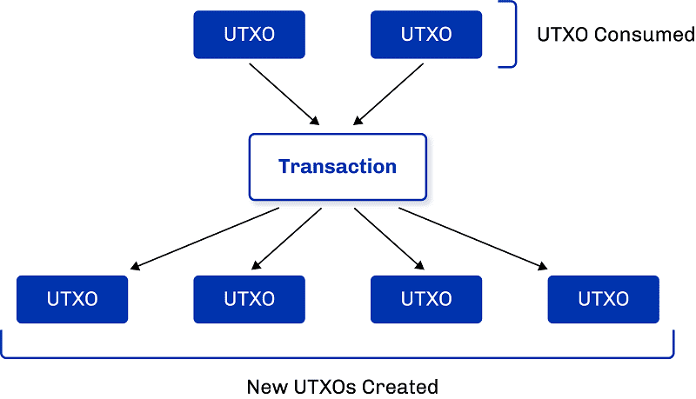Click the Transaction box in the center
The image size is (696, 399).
(338, 166)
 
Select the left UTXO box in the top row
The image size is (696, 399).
(249, 35)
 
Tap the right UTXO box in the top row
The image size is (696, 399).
(426, 35)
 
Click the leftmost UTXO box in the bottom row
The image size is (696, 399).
(72, 299)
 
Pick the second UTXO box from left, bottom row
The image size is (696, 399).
(249, 299)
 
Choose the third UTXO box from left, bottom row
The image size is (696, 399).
(426, 299)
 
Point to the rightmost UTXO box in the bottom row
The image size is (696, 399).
(603, 299)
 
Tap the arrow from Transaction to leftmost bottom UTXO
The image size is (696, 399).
(200, 237)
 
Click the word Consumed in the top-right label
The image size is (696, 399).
(645, 35)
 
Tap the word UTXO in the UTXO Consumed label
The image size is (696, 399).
(564, 35)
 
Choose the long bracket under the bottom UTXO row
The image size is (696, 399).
(338, 356)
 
